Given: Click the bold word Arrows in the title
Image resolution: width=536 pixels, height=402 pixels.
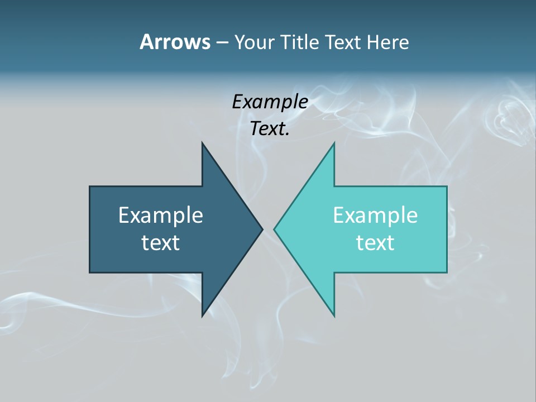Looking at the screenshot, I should [174, 42].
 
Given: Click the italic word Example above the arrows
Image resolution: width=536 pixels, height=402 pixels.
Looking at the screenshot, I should [270, 102].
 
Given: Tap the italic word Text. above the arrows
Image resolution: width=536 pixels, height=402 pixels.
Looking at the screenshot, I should [270, 128].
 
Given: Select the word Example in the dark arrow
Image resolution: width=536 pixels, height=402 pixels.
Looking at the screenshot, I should [161, 215].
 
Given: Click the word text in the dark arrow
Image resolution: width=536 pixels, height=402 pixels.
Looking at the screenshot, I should [161, 242].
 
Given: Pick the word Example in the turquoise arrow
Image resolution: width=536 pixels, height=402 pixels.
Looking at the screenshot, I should [375, 215].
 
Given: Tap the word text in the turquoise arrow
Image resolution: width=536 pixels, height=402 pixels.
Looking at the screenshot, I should [375, 242].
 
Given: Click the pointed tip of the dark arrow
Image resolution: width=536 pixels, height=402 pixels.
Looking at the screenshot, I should [262, 229].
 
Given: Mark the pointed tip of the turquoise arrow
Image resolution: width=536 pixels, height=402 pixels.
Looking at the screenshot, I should [274, 229].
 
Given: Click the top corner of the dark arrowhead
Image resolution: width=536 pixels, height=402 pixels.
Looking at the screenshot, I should [202, 143].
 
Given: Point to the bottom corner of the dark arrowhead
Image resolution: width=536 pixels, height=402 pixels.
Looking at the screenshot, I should [202, 316].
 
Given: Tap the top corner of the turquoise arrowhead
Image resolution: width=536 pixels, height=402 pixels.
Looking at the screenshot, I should [334, 143].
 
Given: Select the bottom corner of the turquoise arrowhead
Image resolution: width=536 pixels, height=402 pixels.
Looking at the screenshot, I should [334, 316].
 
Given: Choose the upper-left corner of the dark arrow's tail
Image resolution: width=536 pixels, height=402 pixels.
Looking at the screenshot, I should [90, 186].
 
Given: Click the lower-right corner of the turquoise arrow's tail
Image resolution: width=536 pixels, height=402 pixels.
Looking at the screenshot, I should [447, 272].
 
